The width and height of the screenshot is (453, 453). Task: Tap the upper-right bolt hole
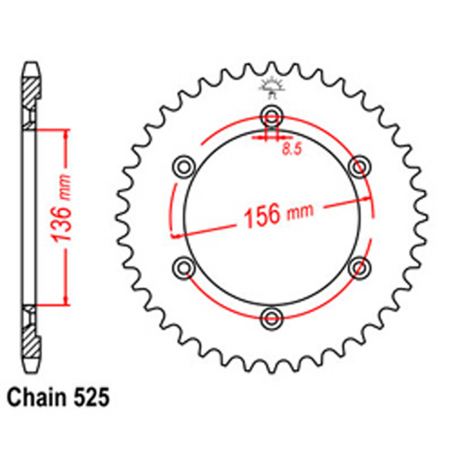(360, 166)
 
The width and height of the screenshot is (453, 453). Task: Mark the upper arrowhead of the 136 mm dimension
(64, 132)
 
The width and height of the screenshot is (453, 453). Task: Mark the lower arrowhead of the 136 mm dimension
(64, 303)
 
